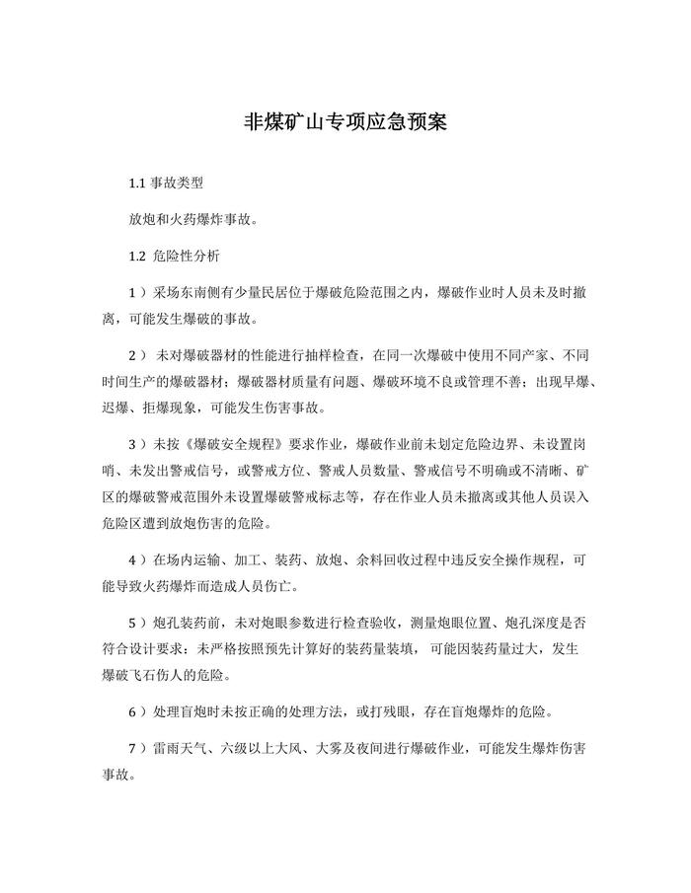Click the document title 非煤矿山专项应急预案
click(345, 121)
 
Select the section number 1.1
click(137, 185)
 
